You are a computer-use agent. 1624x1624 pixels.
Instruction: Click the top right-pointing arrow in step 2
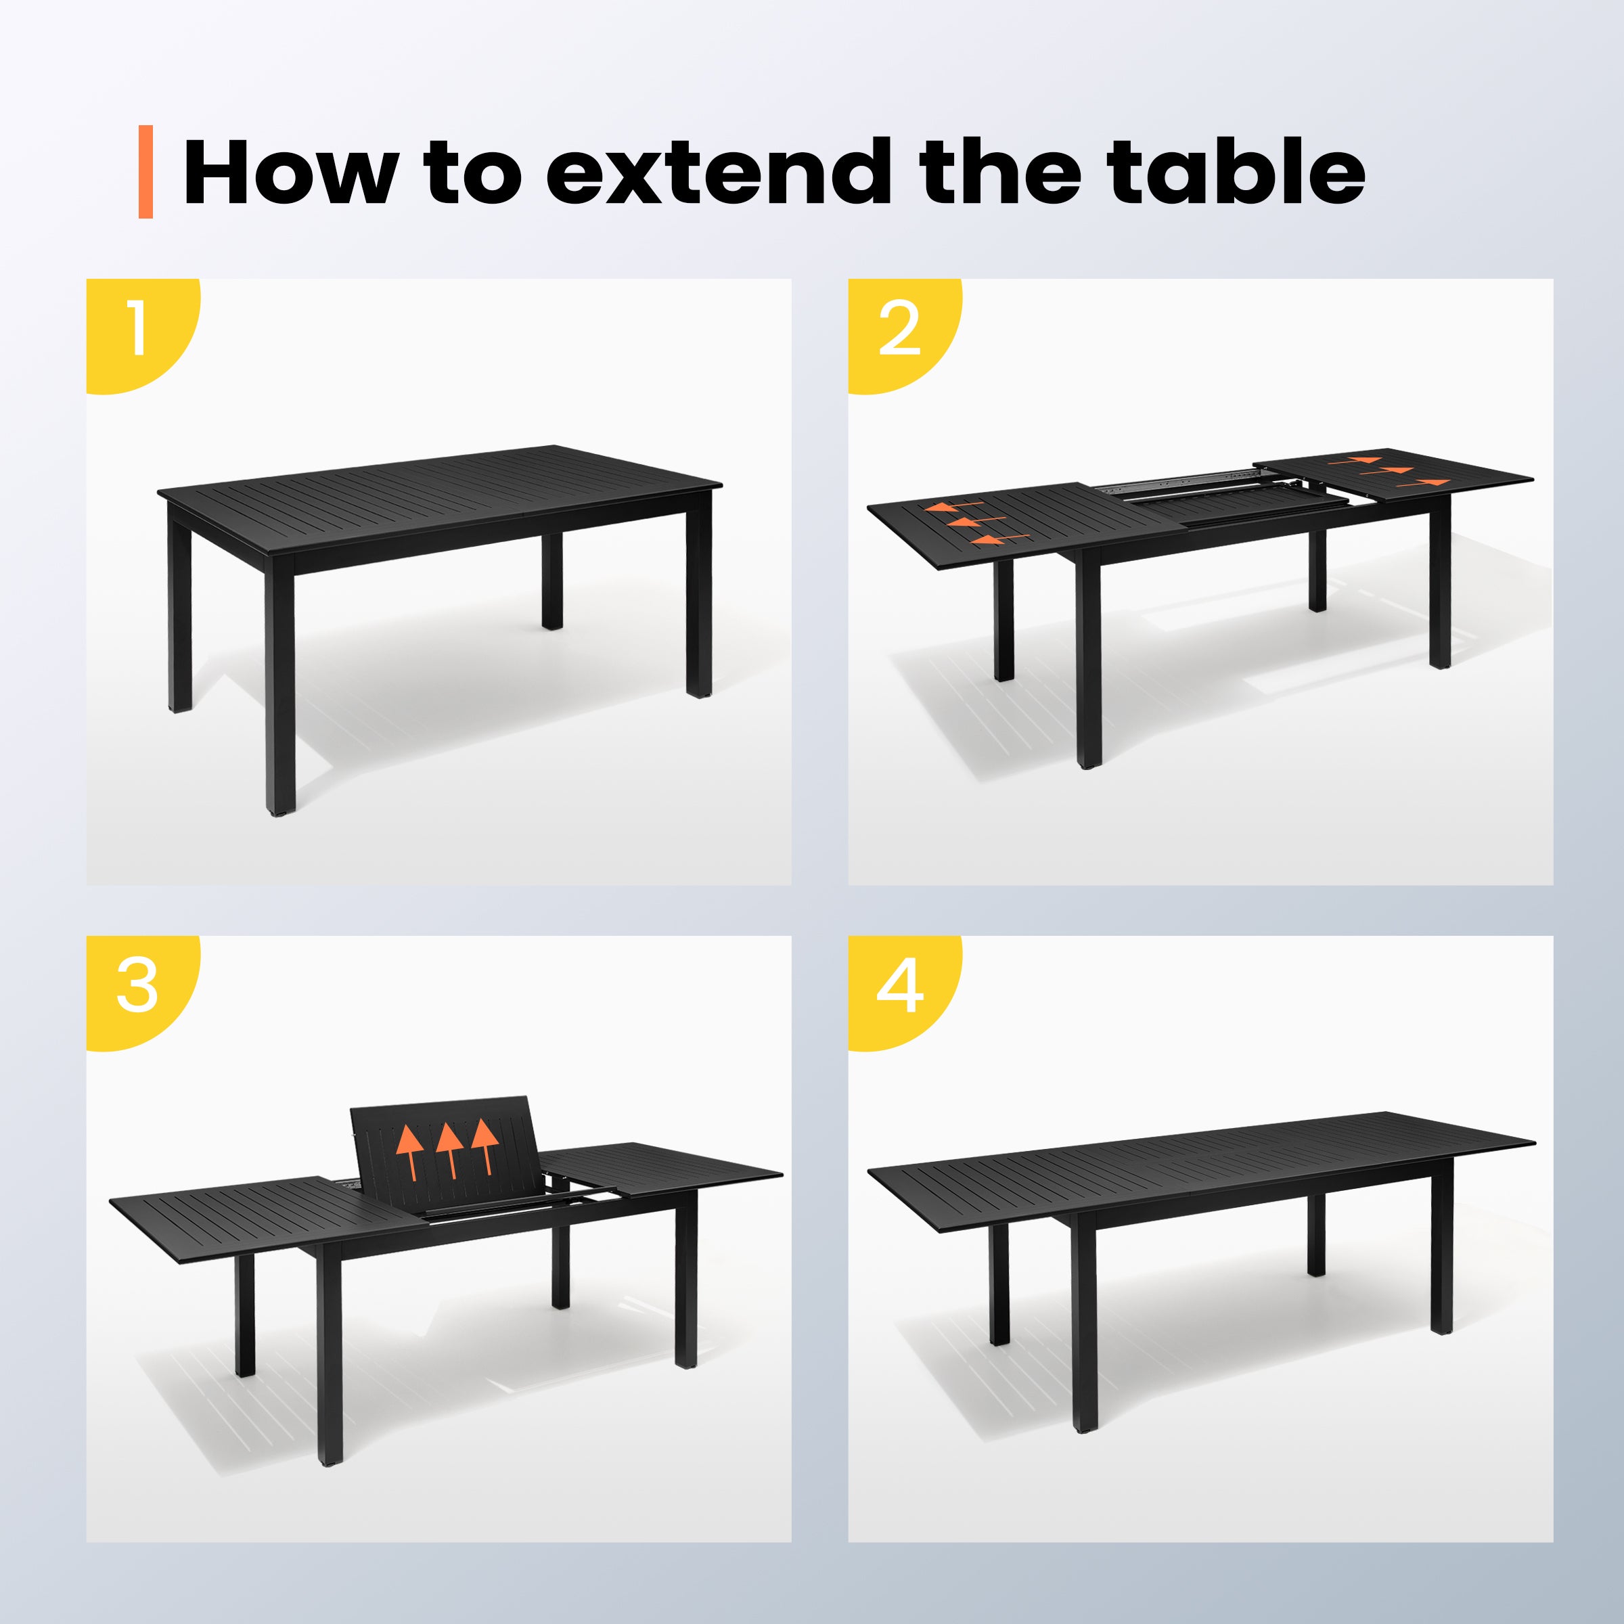point(1357,461)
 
